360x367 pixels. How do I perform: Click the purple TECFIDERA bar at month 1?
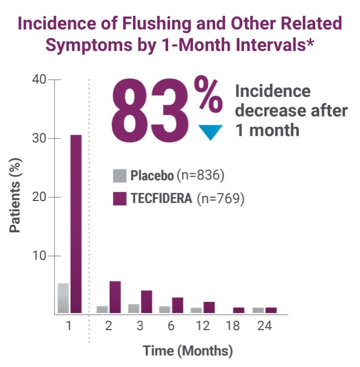coord(76,224)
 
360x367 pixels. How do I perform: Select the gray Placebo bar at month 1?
coord(63,298)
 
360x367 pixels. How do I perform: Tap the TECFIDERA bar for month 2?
coord(115,297)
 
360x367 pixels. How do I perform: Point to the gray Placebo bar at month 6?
coord(165,309)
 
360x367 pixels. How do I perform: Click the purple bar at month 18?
coord(239,310)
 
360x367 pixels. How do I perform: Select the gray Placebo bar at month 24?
coord(258,310)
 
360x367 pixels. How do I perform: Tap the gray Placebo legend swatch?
coord(119,176)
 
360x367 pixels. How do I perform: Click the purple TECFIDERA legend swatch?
coord(119,199)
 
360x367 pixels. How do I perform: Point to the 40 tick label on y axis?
coord(39,80)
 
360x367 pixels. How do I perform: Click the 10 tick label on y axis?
coord(39,256)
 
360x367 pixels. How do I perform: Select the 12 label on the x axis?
coord(203,327)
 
